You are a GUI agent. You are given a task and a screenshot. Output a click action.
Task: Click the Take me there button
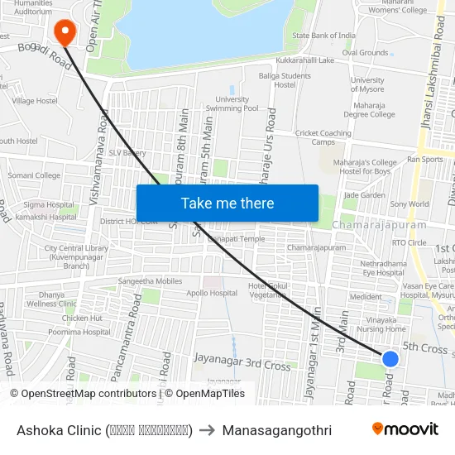227,203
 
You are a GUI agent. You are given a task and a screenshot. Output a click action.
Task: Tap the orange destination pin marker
64,31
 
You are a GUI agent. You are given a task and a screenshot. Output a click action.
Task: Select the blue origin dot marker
390,358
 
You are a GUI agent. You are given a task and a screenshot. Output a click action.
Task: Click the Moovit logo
405,429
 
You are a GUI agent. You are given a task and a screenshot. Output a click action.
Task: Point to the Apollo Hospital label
211,293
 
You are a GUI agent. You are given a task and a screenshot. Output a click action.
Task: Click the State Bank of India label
323,36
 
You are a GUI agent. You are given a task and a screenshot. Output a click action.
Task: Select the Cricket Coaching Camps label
323,137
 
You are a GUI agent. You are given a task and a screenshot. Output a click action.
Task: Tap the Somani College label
34,175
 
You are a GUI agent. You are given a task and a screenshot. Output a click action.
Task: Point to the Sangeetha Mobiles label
150,281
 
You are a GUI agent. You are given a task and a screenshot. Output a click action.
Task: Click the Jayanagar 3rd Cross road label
242,362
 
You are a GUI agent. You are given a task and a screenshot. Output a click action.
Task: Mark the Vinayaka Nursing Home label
381,323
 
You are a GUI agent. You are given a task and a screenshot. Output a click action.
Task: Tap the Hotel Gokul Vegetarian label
267,290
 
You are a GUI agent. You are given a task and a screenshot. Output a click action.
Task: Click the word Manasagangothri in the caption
276,430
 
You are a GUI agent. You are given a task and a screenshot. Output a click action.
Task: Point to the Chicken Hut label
82,318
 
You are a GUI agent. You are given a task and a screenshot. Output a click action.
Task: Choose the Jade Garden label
364,195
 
